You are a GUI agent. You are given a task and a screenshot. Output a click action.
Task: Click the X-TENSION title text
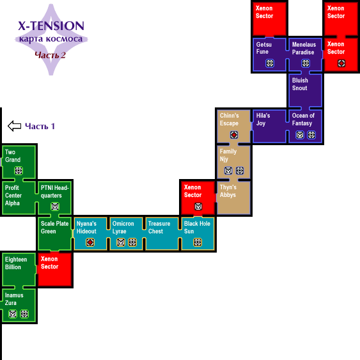[51, 26]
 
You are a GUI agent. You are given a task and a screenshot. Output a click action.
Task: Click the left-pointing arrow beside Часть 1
[15, 126]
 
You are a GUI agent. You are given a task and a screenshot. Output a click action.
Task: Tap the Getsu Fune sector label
[264, 48]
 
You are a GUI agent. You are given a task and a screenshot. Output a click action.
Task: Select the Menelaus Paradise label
[304, 48]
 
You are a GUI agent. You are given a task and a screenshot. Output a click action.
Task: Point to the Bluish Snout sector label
[300, 84]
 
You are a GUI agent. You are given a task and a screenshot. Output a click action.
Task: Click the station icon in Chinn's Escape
[234, 135]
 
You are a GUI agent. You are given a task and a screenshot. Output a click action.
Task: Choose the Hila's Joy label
[263, 120]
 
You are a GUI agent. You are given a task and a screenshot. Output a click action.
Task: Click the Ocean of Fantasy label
[303, 120]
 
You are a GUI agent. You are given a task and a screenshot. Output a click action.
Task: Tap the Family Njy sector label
[228, 155]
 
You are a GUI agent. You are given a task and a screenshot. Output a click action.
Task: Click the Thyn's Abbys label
[228, 191]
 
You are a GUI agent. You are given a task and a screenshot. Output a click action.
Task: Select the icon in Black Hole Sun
[198, 242]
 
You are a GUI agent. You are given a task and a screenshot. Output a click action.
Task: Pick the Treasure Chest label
[159, 227]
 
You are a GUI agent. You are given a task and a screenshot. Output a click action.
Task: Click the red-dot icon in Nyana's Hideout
[90, 242]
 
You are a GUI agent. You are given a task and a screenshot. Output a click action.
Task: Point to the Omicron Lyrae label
[123, 227]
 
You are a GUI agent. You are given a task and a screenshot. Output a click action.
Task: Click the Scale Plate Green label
[54, 227]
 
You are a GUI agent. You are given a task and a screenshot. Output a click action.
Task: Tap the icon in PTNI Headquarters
[55, 207]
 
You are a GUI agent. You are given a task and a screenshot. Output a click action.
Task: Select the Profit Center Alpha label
[13, 196]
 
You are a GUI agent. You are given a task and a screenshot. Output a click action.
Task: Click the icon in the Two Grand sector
[19, 171]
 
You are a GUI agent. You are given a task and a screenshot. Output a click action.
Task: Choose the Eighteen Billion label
[16, 263]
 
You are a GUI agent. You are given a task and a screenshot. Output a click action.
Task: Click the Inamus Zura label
[14, 299]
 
